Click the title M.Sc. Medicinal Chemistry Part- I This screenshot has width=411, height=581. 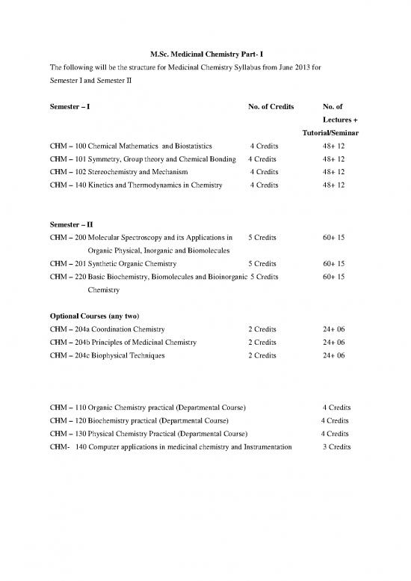(x=205, y=52)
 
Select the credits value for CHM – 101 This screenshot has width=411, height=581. (x=263, y=159)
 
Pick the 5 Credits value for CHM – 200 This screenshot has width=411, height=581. (x=263, y=237)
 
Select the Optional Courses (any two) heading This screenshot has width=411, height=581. (x=95, y=316)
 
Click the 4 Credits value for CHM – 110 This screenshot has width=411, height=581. (x=336, y=408)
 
